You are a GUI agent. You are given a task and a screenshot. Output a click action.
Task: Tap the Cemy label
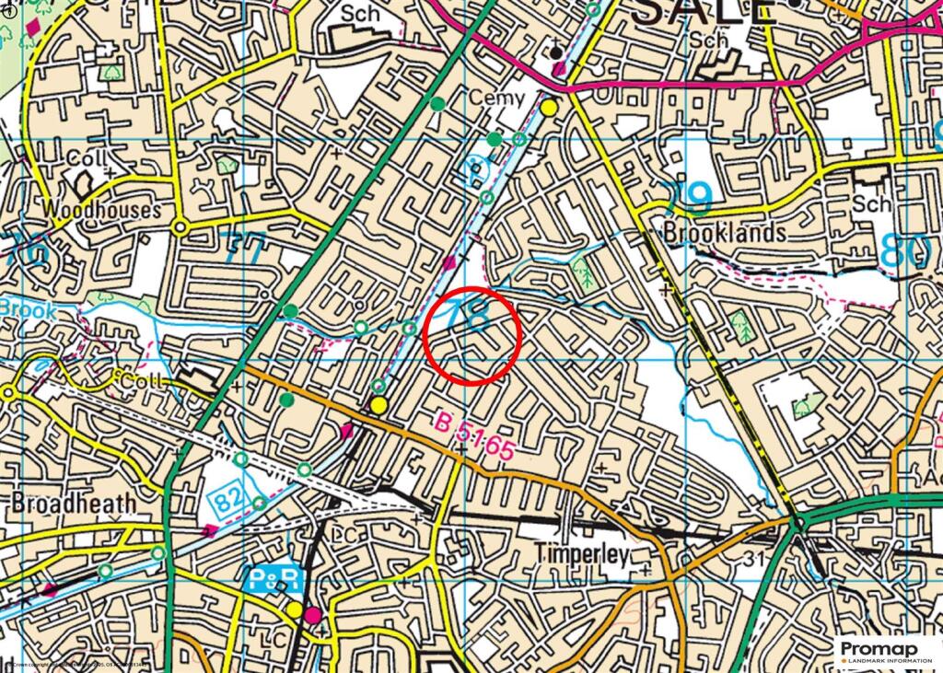coord(497,98)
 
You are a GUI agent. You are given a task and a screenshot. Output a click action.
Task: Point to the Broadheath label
coord(74,504)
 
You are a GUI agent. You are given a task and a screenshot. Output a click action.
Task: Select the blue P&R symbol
coord(275,579)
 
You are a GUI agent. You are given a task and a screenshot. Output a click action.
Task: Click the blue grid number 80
coord(905,251)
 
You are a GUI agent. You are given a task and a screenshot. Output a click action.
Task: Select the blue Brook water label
coord(28,310)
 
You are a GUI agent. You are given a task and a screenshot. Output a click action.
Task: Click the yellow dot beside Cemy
coord(550,108)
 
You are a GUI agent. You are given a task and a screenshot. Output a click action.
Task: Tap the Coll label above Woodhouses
coord(87,158)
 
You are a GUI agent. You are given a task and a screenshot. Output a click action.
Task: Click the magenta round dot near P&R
coord(314,614)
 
